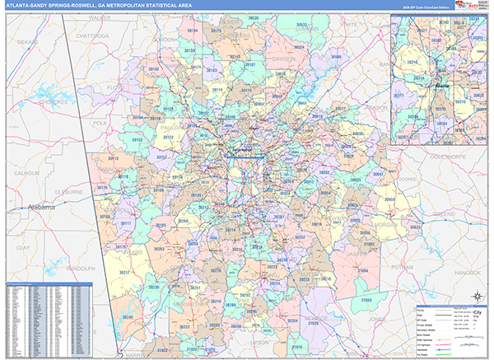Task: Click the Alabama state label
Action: [40, 208]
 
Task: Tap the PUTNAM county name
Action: [404, 268]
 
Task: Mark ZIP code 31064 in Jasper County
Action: [362, 269]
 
